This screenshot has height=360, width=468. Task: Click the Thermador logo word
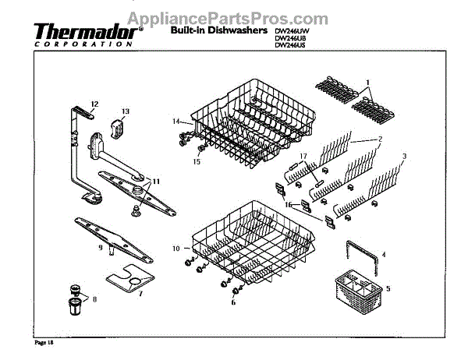click(x=87, y=32)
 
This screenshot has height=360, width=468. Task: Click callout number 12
click(x=94, y=104)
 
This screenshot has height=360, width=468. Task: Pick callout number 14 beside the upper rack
click(x=176, y=122)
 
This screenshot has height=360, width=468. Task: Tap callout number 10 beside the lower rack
click(x=176, y=248)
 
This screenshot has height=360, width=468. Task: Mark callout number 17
click(x=304, y=156)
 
